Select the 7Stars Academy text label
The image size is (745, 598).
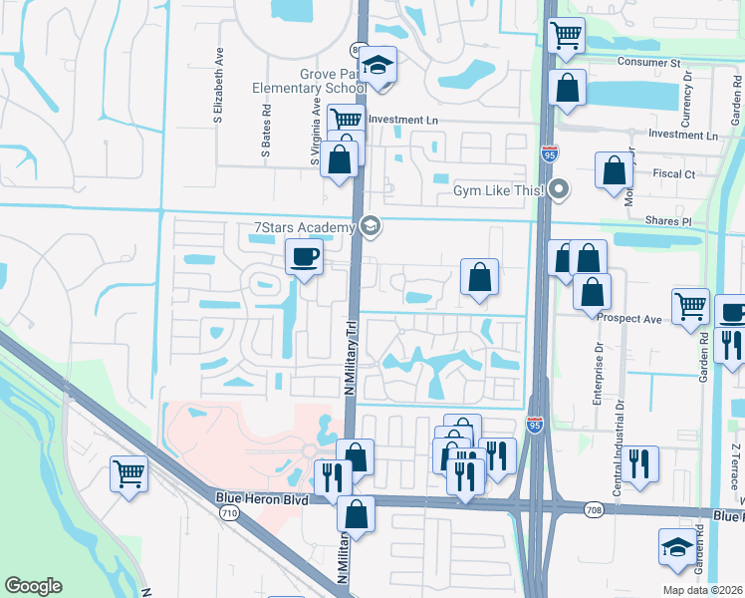tap(305, 228)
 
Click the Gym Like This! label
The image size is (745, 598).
tap(497, 189)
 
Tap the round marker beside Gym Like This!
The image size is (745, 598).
tap(559, 188)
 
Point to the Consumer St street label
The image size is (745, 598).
tap(647, 62)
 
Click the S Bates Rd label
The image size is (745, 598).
tap(266, 136)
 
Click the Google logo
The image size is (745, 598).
tap(33, 586)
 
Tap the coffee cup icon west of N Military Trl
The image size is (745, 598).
tap(303, 257)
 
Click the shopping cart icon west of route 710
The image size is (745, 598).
tap(128, 472)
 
